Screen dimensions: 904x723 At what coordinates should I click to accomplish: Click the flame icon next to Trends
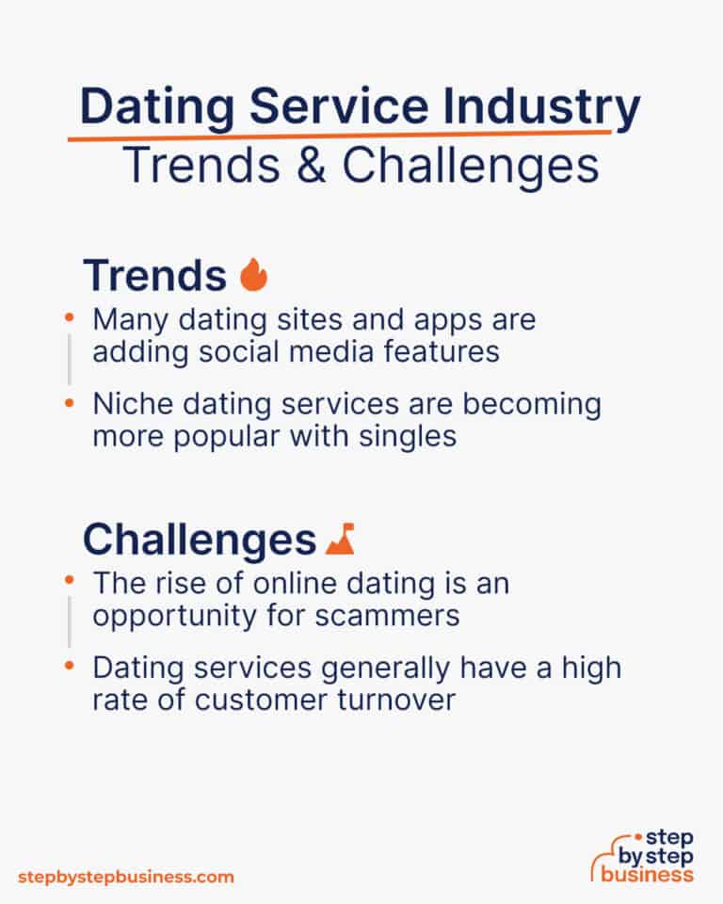[x=254, y=275]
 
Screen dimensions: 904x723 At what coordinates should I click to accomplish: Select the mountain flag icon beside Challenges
[x=340, y=540]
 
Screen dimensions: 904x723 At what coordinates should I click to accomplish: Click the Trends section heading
[x=155, y=275]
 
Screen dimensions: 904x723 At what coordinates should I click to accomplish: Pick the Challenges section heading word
[x=199, y=540]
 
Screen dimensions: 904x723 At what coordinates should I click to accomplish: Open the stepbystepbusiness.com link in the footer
[x=125, y=877]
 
